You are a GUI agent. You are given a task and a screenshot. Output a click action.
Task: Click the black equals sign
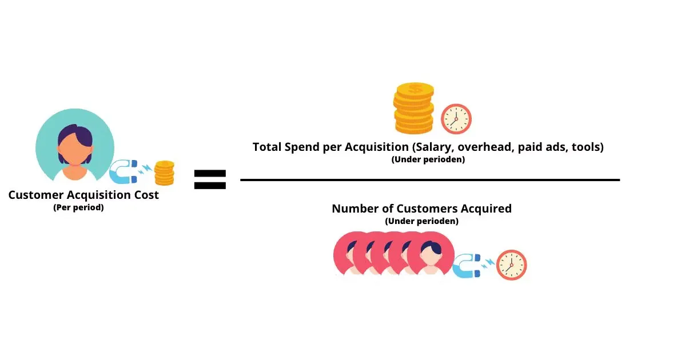point(210,179)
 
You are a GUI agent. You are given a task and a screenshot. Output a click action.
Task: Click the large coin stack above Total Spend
point(414,108)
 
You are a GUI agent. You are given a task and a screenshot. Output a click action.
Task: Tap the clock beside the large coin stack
point(456,119)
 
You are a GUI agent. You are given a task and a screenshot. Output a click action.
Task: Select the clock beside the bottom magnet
point(511,265)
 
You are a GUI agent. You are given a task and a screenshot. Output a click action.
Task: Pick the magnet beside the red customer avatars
point(467,267)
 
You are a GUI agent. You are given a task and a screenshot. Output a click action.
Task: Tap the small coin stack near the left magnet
point(165,173)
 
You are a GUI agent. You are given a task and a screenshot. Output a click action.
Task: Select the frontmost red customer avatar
point(431,255)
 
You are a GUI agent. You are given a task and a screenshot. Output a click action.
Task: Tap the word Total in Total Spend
point(267,147)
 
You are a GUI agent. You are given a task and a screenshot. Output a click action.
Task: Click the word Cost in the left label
point(145,195)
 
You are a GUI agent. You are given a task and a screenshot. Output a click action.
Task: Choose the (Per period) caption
point(78,207)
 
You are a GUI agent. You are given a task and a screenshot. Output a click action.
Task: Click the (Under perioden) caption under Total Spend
point(428,159)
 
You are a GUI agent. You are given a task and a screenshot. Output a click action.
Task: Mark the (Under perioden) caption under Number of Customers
point(421,221)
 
